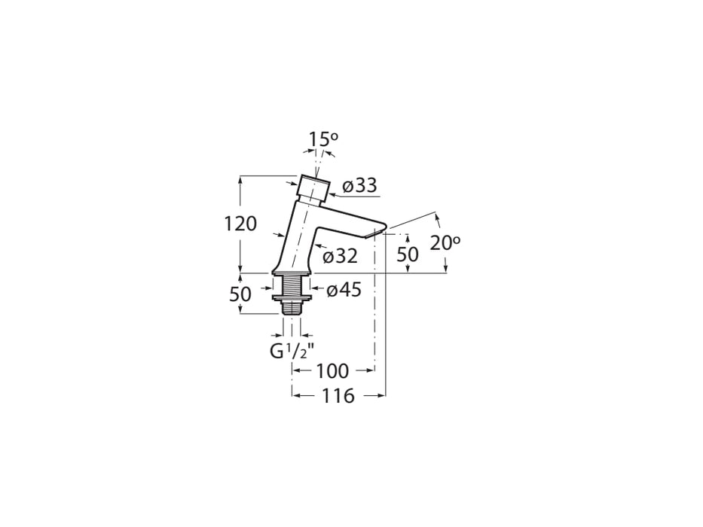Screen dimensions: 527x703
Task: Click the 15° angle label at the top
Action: [x=323, y=139]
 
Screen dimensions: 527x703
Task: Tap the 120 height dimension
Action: [x=240, y=224]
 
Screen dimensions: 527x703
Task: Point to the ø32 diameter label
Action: [x=340, y=256]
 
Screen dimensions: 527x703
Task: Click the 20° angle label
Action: [x=445, y=242]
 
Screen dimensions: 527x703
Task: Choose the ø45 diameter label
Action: [x=344, y=290]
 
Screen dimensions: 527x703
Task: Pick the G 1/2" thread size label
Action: [x=291, y=351]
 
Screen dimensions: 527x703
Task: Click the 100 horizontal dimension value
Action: [x=332, y=371]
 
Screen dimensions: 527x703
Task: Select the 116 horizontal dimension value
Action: [x=338, y=396]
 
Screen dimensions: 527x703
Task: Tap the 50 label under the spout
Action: [x=407, y=254]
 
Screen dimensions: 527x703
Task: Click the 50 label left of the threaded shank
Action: [x=240, y=294]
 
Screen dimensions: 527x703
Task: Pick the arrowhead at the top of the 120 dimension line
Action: [x=240, y=180]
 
